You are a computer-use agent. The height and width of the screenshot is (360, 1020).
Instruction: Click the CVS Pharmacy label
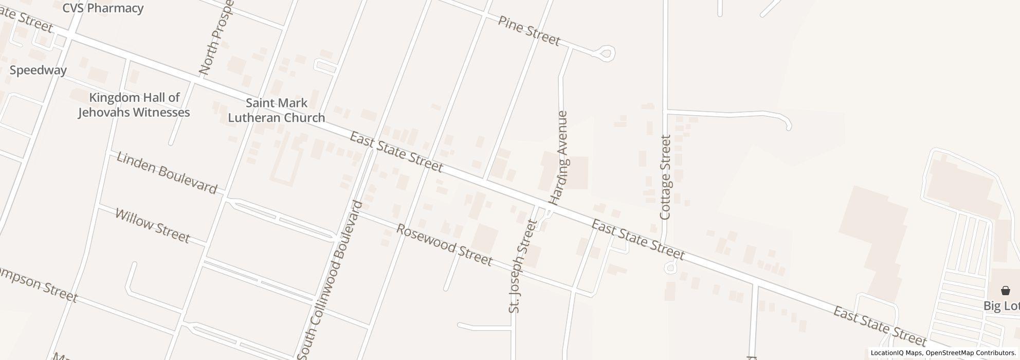[103, 8]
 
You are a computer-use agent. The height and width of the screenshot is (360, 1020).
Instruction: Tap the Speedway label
[38, 70]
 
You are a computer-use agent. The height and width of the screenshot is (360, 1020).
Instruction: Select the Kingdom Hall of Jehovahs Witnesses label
[134, 105]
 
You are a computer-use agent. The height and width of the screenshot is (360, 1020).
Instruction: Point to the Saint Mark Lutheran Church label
[276, 111]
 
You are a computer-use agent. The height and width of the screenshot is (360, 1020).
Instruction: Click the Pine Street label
[529, 30]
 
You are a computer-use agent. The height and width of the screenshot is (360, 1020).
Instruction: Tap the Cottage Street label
[666, 177]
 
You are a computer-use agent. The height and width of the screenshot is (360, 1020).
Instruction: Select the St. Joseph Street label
[522, 266]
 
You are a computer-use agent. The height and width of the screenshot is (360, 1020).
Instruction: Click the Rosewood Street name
[444, 245]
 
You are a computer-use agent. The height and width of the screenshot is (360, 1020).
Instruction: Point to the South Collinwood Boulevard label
[331, 280]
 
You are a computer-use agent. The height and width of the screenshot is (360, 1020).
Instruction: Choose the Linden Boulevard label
[167, 172]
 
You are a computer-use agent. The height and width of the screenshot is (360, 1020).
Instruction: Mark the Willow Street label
[152, 225]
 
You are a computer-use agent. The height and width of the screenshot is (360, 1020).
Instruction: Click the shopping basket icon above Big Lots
[1005, 291]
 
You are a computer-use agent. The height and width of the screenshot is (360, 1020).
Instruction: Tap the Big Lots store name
[1001, 306]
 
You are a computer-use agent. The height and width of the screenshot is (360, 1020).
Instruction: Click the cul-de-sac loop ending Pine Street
[607, 53]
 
